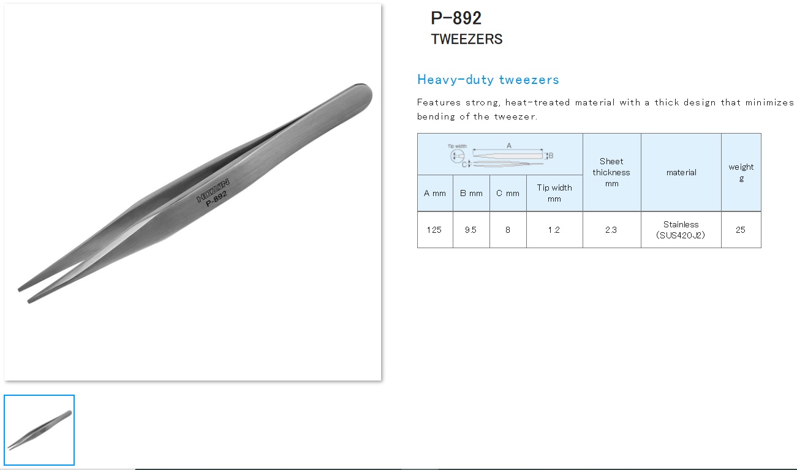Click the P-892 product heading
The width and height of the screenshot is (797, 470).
coord(456,18)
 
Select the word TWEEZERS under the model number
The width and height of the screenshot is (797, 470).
coord(466,39)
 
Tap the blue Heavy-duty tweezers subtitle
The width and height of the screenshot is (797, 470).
coord(488,80)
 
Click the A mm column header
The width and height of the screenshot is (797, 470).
coord(435,193)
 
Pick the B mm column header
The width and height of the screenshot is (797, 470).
coord(471,193)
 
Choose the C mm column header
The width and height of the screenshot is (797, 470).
coord(508,193)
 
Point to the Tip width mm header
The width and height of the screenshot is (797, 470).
coord(554,193)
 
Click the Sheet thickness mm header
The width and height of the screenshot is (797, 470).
coord(611,172)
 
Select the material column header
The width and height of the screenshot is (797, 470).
coord(681,172)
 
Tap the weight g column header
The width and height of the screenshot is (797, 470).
coord(741,172)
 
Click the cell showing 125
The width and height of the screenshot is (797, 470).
coord(434,230)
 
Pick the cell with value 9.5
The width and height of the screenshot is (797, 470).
coord(470,230)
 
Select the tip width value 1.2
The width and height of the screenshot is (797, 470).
coord(554,230)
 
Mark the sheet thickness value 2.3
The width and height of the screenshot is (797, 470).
coord(611,230)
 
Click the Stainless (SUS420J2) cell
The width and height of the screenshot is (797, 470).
coord(681,230)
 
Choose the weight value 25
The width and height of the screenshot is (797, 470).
coord(741,230)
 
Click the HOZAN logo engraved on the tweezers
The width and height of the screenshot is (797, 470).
coord(213,191)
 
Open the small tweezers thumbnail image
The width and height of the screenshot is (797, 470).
coord(39,430)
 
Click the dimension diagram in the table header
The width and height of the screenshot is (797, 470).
coord(500,154)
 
